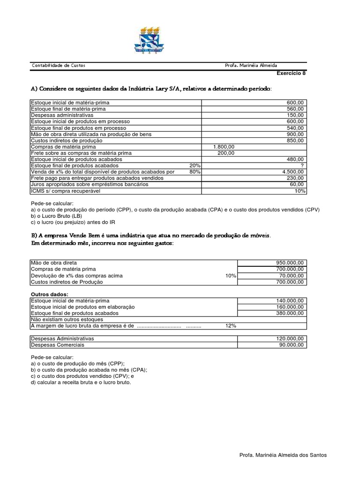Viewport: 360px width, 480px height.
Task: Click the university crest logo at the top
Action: click(149, 40)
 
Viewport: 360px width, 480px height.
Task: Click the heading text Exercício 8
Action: click(291, 73)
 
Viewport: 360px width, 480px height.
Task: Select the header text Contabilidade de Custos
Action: click(58, 66)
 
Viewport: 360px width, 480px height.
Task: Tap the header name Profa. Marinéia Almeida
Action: click(254, 66)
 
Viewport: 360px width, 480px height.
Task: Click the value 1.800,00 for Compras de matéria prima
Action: click(224, 147)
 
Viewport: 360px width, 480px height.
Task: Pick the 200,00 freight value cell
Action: click(226, 153)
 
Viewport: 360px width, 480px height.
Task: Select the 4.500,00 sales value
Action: click(293, 172)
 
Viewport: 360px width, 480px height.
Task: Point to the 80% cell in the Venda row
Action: click(195, 172)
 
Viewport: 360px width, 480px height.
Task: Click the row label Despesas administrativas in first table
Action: click(62, 115)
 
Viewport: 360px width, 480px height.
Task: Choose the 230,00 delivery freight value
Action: click(296, 178)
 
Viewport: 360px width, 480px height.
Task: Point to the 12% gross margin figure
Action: click(231, 326)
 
